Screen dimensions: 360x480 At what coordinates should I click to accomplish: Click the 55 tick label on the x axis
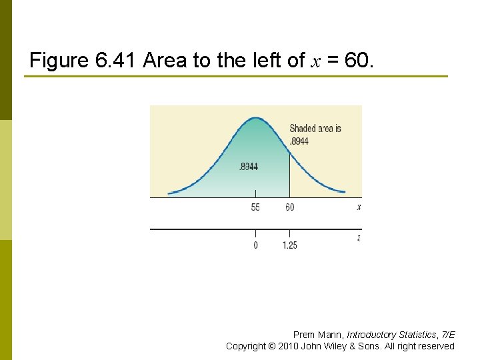[x=255, y=207]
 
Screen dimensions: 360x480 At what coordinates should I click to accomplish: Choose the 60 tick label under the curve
[x=289, y=207]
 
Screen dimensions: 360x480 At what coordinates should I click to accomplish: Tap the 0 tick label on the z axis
[x=255, y=245]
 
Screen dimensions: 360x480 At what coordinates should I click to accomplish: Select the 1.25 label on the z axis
[x=289, y=245]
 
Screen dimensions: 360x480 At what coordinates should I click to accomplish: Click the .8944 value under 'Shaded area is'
[x=299, y=141]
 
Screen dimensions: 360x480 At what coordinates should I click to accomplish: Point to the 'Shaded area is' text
[x=315, y=128]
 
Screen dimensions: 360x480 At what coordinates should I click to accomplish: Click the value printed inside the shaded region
[x=249, y=166]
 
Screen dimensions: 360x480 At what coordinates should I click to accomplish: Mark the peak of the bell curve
[x=256, y=118]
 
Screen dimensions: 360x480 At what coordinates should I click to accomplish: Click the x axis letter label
[x=359, y=207]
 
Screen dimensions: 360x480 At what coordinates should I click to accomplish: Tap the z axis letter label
[x=359, y=238]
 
